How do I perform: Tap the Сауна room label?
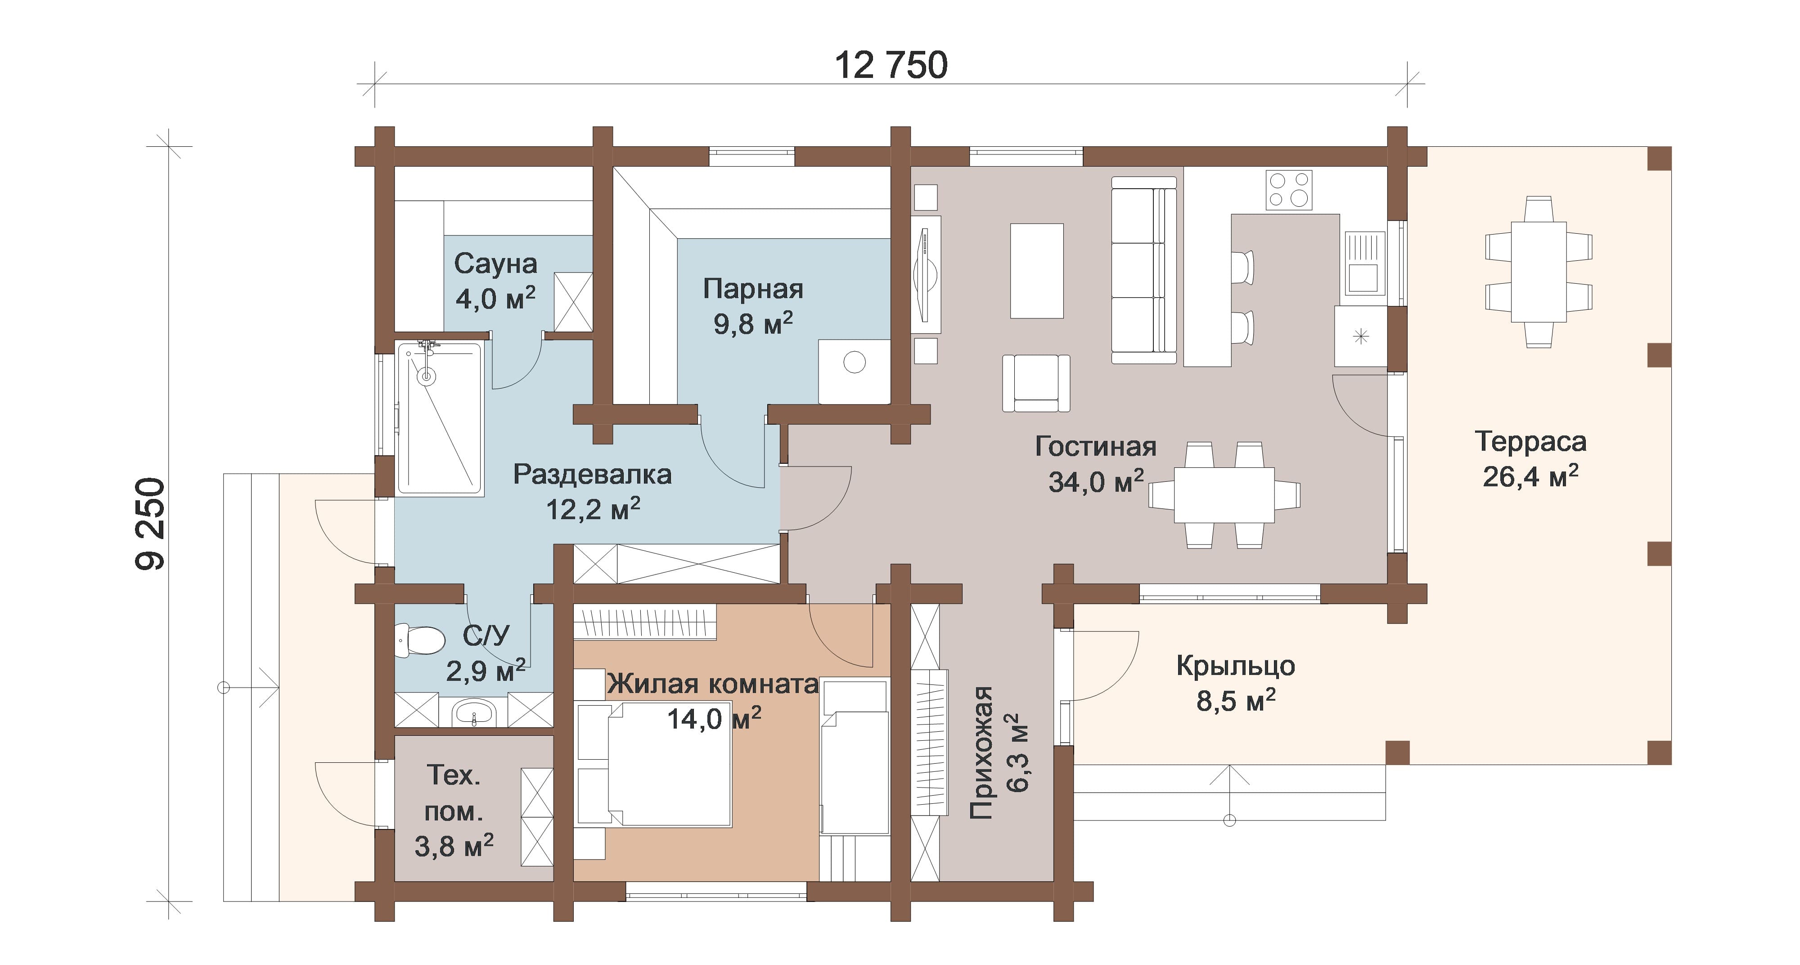point(495,263)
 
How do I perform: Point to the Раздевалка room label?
point(593,474)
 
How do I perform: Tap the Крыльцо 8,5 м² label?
point(1235,683)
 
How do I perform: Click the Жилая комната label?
point(713,683)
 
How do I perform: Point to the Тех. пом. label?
point(454,793)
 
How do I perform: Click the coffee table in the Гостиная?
point(1037,271)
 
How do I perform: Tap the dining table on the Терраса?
point(1539,272)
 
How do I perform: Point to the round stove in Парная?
point(855,362)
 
